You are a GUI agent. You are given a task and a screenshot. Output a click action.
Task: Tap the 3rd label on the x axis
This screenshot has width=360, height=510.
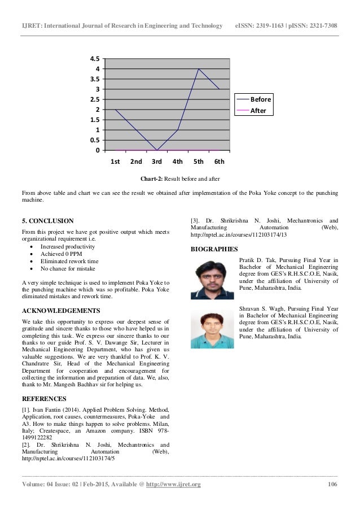(x=157, y=162)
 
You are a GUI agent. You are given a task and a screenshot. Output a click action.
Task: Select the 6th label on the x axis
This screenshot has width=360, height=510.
(x=219, y=162)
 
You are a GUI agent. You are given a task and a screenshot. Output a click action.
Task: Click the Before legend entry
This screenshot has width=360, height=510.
(x=261, y=99)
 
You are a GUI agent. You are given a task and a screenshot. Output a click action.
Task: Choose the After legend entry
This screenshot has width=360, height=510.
(x=258, y=111)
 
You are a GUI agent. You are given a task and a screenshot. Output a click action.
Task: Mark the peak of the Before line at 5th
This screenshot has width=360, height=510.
(x=198, y=68)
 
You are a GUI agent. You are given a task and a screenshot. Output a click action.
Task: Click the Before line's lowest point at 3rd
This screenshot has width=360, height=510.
(x=157, y=150)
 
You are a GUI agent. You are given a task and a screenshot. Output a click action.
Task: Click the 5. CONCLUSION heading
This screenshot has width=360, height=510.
(x=47, y=220)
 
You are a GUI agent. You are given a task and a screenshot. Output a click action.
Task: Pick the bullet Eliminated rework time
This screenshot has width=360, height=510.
(x=69, y=262)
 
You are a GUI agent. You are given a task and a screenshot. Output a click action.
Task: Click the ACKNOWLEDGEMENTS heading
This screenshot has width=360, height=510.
(x=60, y=311)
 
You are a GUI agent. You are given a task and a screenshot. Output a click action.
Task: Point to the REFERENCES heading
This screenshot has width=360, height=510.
(x=43, y=399)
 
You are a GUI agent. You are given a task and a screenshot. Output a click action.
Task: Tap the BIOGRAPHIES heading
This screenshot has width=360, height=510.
(x=214, y=249)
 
